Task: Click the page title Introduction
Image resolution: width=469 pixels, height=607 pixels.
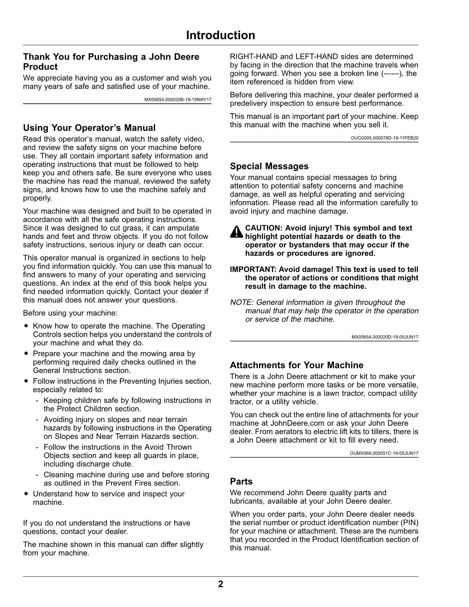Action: [x=220, y=35]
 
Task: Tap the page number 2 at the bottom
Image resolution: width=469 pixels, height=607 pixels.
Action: [x=220, y=584]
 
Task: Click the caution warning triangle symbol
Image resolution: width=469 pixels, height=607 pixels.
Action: [x=237, y=232]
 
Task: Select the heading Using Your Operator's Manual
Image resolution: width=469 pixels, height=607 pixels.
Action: [x=89, y=128]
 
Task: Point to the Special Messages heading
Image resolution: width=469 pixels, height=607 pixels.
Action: [x=269, y=166]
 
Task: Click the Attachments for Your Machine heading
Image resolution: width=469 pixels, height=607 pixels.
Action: [x=296, y=365]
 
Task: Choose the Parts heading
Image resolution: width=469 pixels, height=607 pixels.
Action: [x=241, y=482]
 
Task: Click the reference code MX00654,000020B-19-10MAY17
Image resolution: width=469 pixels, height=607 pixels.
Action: [x=178, y=100]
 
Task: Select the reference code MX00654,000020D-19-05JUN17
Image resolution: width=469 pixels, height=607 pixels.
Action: [x=385, y=337]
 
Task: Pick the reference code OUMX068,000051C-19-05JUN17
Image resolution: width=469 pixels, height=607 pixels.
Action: [x=384, y=454]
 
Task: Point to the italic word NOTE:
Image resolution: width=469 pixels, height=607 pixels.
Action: [x=242, y=302]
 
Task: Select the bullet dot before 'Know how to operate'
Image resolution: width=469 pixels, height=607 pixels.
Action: [x=26, y=326]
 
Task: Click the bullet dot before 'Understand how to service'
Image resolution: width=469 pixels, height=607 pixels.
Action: [x=26, y=494]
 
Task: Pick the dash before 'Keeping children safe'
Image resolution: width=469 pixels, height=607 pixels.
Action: [x=38, y=401]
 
